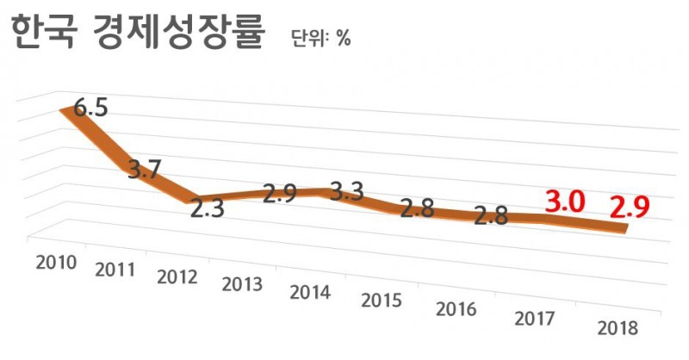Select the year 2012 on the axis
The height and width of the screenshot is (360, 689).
tap(179, 277)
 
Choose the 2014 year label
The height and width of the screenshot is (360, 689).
tap(312, 293)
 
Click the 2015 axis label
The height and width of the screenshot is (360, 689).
tap(382, 301)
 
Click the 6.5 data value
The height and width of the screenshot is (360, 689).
tap(90, 109)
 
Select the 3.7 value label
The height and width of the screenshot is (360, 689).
tap(144, 170)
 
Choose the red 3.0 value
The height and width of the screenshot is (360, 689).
tap(566, 203)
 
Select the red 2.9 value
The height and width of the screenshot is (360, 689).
tap(629, 208)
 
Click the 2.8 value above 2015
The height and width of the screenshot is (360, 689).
tap(417, 209)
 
